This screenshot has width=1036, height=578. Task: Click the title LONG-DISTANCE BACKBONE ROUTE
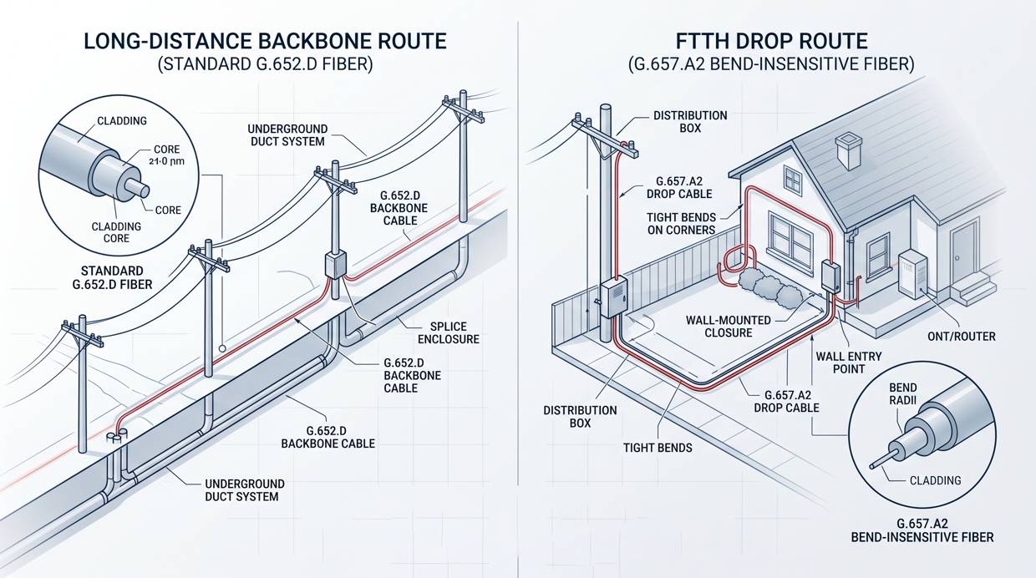pyautogui.click(x=265, y=40)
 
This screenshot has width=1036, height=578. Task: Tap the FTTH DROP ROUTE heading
pyautogui.click(x=773, y=40)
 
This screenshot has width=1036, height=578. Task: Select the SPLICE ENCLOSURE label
pyautogui.click(x=449, y=332)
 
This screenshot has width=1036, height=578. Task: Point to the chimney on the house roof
pyautogui.click(x=849, y=151)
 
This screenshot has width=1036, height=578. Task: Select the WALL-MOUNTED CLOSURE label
pyautogui.click(x=719, y=326)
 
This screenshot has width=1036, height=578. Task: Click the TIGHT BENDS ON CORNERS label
pyautogui.click(x=681, y=223)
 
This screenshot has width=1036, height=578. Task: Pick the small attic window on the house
pyautogui.click(x=792, y=180)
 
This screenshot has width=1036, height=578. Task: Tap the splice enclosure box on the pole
pyautogui.click(x=334, y=266)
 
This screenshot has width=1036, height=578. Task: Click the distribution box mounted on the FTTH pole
pyautogui.click(x=612, y=297)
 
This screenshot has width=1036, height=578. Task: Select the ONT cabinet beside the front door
pyautogui.click(x=911, y=273)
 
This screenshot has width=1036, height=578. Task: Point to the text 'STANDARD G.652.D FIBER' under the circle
pyautogui.click(x=114, y=278)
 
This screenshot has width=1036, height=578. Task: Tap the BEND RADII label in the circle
pyautogui.click(x=902, y=394)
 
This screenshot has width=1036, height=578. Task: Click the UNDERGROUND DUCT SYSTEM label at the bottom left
pyautogui.click(x=245, y=489)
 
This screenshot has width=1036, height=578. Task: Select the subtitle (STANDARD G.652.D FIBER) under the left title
pyautogui.click(x=265, y=63)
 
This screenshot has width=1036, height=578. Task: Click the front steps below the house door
pyautogui.click(x=973, y=290)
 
